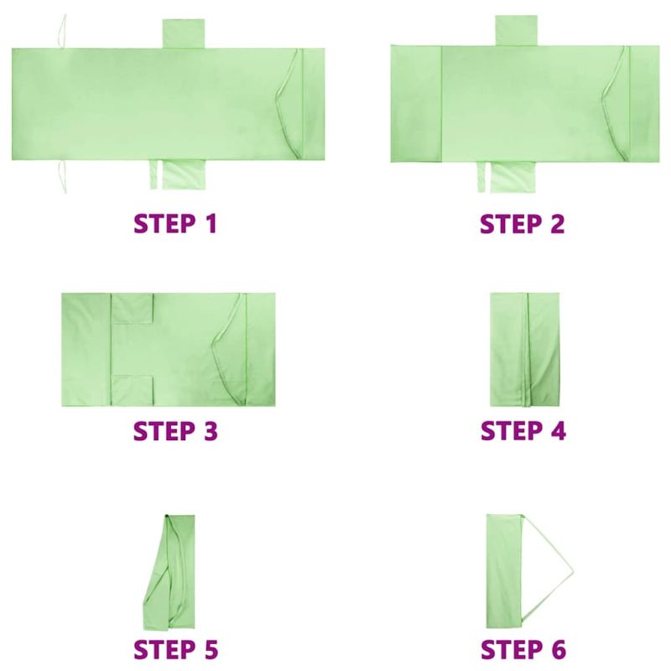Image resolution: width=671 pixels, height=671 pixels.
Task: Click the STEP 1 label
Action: click(x=175, y=223)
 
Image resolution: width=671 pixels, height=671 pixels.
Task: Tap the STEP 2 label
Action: click(x=523, y=223)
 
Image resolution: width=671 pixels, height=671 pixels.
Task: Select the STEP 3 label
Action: click(x=175, y=431)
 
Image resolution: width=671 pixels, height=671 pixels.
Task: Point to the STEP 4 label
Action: click(x=523, y=430)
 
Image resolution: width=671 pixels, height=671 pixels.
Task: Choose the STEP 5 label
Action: click(x=175, y=649)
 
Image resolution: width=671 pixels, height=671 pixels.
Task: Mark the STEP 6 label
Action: click(x=523, y=649)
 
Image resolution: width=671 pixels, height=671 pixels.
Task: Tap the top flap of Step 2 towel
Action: click(x=516, y=30)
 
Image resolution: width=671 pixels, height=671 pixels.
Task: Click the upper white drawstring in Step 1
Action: click(x=63, y=31)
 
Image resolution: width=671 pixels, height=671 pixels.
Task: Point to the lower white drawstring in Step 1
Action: click(x=62, y=177)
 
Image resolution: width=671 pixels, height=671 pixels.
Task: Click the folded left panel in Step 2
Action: click(x=416, y=103)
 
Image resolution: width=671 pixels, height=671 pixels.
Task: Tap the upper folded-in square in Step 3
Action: click(x=133, y=308)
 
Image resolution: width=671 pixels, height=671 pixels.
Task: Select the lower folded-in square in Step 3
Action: click(x=133, y=391)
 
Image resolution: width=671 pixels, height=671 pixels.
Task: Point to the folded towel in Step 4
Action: click(x=525, y=350)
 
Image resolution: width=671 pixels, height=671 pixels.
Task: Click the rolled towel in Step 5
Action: click(x=169, y=572)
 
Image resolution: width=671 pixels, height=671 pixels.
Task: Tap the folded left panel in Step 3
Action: click(x=86, y=350)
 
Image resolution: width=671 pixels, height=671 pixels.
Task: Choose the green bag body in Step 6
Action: click(x=504, y=571)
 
